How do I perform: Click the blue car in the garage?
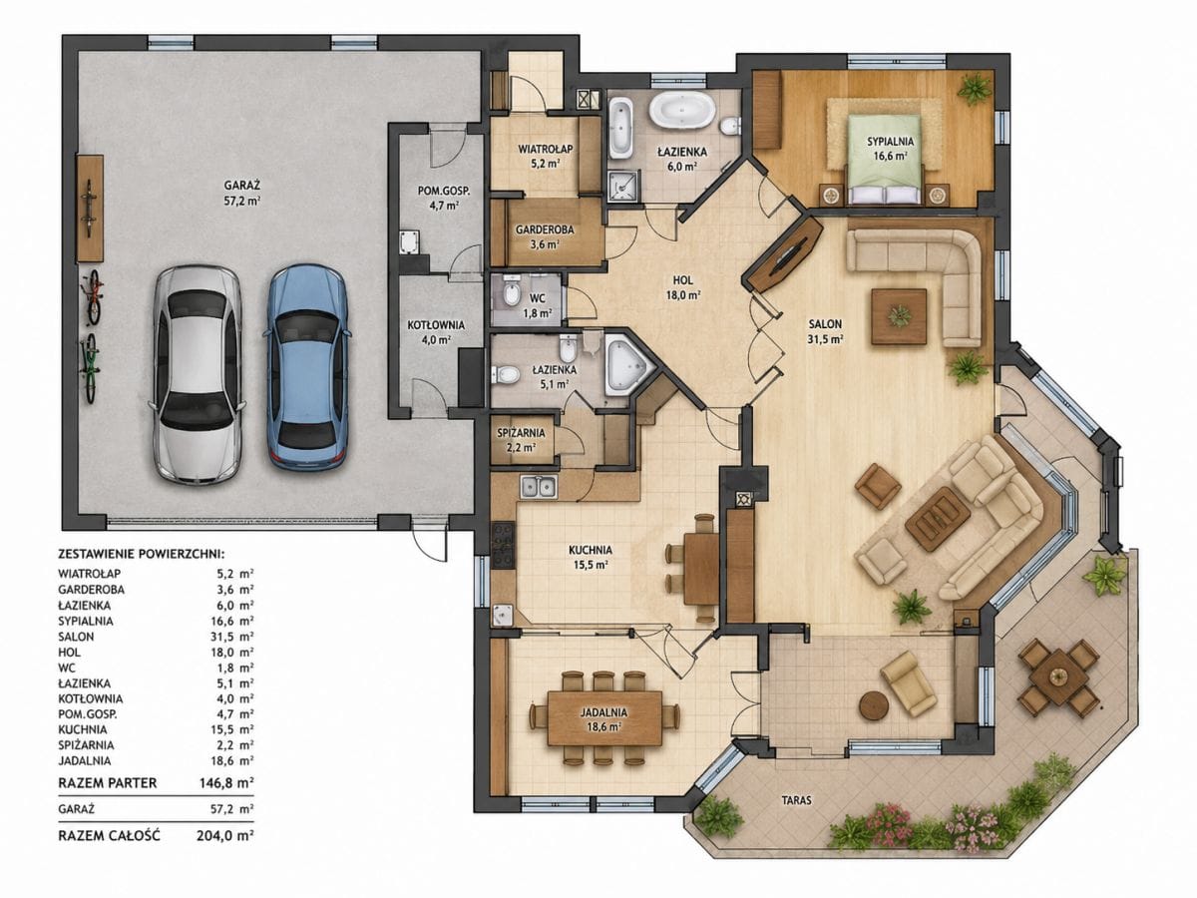pos(306,367)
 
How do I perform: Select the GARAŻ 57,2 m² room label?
pos(242,193)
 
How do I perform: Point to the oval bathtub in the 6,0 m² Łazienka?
pos(681,111)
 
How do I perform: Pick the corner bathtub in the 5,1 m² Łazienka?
pos(628,365)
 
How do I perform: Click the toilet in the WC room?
pos(512,293)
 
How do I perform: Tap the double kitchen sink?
pos(539,486)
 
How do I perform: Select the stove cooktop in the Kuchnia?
pos(503,545)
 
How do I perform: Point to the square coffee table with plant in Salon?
pos(899,316)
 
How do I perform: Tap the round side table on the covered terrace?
pos(874,706)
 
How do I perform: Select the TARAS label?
pos(796,801)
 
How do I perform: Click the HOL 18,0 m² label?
pos(682,286)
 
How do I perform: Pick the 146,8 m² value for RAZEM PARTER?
pos(226,783)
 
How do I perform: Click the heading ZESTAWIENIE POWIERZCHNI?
pos(142,555)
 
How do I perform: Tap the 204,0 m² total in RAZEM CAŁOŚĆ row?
pos(225,835)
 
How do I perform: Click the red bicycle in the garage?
pos(93,297)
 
